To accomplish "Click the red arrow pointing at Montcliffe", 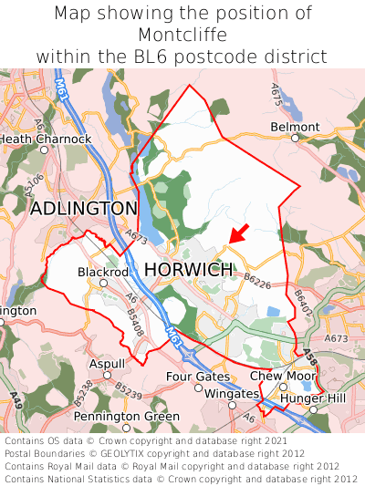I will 237,233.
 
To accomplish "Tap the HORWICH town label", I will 189,270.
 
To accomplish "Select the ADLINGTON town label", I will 84,209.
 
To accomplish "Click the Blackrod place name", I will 102,272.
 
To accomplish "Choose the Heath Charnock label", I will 46,139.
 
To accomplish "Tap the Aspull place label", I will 107,364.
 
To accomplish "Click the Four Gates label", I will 198,376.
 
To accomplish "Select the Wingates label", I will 231,393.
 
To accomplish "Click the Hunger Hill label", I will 312,398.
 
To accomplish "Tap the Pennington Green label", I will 127,417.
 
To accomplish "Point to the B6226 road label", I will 258,284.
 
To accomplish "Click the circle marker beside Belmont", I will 296,138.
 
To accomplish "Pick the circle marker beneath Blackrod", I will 103,283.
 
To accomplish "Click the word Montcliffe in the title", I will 182,35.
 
